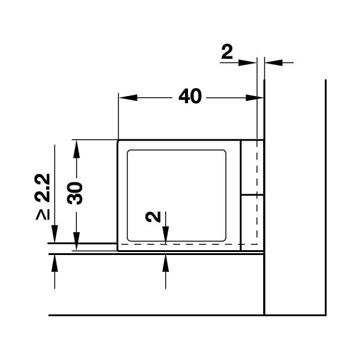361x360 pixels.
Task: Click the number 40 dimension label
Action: point(190,97)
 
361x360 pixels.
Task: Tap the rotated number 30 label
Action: point(74,193)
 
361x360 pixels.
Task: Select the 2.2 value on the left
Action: point(42,188)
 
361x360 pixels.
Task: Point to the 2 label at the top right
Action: point(227,52)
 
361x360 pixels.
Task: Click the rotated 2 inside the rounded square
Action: point(153,217)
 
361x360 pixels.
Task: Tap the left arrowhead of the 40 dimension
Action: point(128,98)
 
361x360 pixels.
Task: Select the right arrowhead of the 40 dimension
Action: point(254,98)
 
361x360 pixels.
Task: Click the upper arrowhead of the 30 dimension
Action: point(76,149)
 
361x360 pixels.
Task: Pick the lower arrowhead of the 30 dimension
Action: point(76,241)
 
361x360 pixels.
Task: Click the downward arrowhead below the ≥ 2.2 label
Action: point(55,234)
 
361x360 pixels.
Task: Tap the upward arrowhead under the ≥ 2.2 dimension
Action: point(55,263)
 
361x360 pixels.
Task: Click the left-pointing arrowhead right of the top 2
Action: point(273,62)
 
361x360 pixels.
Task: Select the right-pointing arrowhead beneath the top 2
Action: point(247,62)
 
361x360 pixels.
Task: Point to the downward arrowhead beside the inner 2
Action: point(166,235)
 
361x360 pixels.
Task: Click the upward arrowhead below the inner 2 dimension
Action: point(166,263)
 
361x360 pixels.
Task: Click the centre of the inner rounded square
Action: point(177,196)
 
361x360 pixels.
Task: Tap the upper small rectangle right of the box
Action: point(252,167)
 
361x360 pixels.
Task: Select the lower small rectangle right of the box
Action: point(252,223)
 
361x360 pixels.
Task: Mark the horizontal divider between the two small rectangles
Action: point(252,195)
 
